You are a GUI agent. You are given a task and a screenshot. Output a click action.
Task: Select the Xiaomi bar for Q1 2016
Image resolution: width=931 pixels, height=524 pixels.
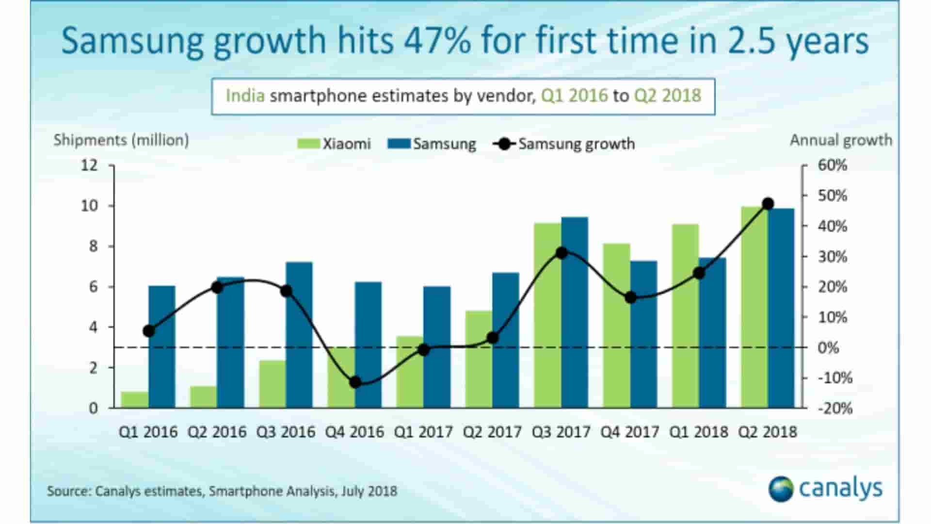tap(134, 399)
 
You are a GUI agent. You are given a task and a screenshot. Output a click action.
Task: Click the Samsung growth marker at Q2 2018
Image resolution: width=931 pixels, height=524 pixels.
tap(768, 204)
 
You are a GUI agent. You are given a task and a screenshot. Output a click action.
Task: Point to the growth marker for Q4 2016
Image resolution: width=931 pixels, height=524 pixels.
tap(355, 382)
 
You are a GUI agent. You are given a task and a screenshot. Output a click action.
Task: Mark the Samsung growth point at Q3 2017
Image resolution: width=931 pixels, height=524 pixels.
tap(562, 253)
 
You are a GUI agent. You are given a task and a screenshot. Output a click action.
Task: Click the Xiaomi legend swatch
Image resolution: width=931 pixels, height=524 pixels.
tap(308, 144)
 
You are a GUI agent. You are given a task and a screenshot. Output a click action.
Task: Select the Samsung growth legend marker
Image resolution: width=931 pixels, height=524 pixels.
tap(504, 144)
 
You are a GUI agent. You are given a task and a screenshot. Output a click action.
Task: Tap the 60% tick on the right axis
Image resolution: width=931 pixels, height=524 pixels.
tap(832, 165)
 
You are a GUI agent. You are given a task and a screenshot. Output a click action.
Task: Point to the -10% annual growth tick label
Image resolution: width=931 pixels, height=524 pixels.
tap(835, 378)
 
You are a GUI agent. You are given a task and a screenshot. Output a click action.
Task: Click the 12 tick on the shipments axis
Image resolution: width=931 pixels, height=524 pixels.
tap(89, 165)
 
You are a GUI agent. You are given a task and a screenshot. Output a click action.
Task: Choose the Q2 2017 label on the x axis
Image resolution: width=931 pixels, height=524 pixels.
tap(492, 432)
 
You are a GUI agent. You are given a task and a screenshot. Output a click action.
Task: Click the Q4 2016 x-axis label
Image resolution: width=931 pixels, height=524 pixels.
tap(354, 432)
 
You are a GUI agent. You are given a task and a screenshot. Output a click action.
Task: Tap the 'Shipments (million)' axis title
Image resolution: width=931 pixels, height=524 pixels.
tap(121, 140)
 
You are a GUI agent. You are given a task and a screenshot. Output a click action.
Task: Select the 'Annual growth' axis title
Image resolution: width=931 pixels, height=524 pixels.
tap(841, 140)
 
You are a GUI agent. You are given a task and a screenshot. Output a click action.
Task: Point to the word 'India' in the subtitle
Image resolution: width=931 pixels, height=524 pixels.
tap(245, 96)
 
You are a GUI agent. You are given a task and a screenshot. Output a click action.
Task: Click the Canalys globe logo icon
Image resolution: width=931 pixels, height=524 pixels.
tap(781, 489)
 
